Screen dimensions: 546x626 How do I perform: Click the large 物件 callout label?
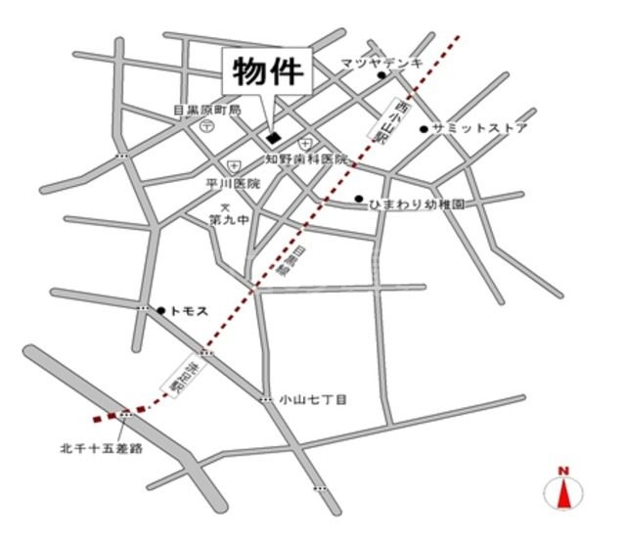coord(269,71)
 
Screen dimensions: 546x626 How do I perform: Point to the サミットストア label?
coord(480,128)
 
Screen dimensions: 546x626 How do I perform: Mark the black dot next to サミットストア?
coord(424,128)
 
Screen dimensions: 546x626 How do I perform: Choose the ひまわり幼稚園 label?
coord(416,205)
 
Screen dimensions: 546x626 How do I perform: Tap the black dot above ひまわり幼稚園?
coord(359,198)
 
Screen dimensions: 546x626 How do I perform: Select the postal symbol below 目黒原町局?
coord(207,126)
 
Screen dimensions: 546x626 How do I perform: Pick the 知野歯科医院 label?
coord(307,158)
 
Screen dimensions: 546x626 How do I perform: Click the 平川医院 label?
coord(234,183)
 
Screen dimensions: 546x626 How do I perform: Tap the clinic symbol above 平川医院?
coord(233,167)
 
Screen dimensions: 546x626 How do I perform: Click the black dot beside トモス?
coord(160,309)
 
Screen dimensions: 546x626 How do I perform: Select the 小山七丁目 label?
coord(314,399)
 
